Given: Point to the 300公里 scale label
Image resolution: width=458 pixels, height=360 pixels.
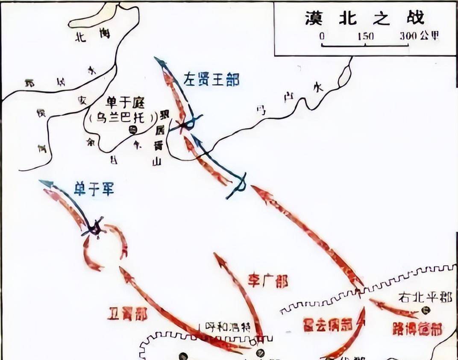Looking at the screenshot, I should pos(419,36).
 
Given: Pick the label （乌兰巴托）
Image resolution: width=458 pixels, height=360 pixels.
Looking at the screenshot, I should pos(120,118).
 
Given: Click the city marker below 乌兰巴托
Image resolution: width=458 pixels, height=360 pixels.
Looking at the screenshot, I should pos(132,129).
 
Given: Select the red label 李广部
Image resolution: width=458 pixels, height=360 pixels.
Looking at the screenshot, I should pos(268,281).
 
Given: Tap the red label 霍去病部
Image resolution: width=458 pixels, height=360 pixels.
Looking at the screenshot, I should pos(327,325).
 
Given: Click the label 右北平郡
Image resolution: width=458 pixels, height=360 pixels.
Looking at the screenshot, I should pos(425,297).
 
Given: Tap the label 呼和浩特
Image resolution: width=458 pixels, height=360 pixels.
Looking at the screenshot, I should pos(226,327).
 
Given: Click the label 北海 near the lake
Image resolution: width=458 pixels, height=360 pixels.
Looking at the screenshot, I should pos(92,36).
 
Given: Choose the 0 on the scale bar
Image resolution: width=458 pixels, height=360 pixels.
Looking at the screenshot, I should pos(322,36).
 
